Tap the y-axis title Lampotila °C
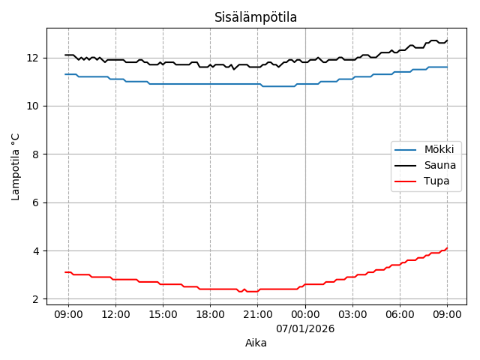16,166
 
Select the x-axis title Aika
256,343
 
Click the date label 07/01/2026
305,328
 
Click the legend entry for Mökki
439,150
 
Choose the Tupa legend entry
437,181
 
